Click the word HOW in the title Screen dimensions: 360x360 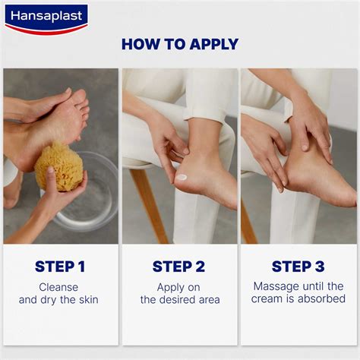(141, 44)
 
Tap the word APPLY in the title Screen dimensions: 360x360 (212, 44)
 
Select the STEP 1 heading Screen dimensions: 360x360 (60, 267)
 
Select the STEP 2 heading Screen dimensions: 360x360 (179, 267)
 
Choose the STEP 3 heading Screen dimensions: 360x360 (298, 267)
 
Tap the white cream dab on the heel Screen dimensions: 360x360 (182, 177)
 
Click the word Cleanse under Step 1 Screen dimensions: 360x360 (60, 287)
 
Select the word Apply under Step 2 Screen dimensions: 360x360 (171, 287)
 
